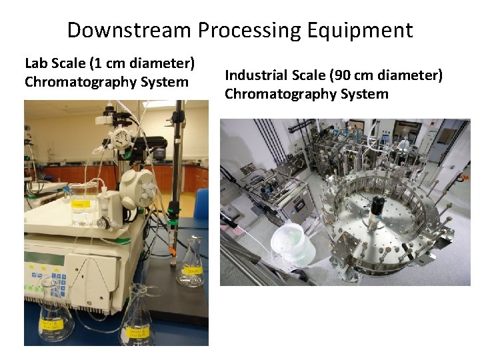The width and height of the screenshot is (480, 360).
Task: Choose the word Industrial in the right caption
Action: click(257, 76)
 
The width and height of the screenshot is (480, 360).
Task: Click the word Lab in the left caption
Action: click(37, 64)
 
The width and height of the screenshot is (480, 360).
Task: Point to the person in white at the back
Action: click(404, 142)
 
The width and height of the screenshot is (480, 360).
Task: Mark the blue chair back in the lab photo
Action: click(201, 203)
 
